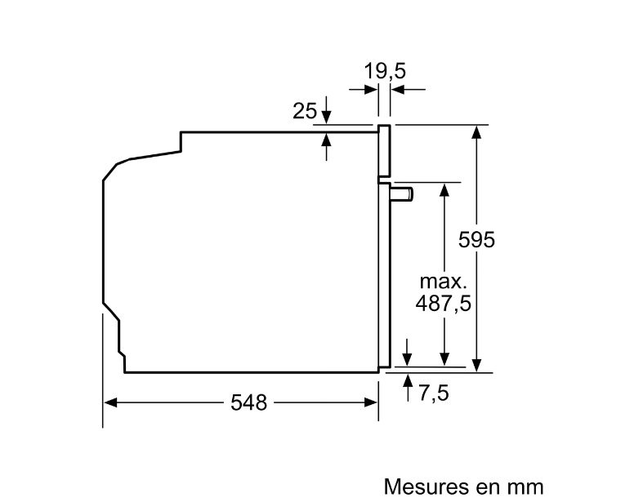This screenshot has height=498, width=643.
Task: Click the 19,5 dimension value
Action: tap(385, 71)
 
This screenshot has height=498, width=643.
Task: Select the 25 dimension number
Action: tap(305, 111)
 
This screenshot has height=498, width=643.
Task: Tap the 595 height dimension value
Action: tap(476, 240)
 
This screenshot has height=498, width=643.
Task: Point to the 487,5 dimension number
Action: tap(444, 304)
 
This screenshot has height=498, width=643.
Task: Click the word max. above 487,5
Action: tap(444, 282)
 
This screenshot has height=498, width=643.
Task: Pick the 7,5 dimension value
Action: tap(434, 393)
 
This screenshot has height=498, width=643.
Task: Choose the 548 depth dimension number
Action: tap(248, 402)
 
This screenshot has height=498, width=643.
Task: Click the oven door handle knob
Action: tap(402, 193)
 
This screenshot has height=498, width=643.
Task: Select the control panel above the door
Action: tap(384, 150)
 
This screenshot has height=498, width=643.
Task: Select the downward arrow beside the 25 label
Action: tap(326, 110)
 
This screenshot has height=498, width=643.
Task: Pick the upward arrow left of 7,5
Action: tap(408, 388)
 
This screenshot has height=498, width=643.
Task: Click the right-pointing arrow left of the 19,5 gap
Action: tap(364, 89)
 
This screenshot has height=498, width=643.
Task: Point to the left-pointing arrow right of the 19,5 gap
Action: tap(408, 89)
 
